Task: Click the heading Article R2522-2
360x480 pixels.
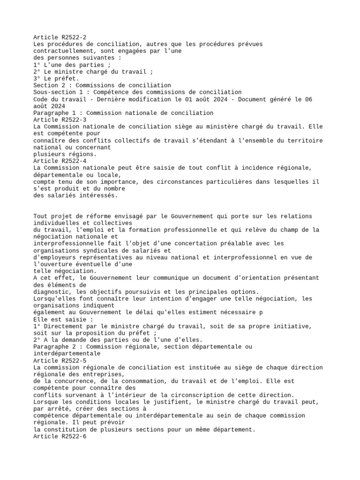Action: [60, 37]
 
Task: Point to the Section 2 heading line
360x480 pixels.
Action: [102, 85]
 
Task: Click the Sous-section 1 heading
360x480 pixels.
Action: [137, 92]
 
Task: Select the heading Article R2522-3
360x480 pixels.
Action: [60, 120]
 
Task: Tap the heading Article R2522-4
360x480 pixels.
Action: [60, 161]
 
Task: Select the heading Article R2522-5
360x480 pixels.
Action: [60, 360]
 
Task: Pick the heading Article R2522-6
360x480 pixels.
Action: [60, 436]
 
